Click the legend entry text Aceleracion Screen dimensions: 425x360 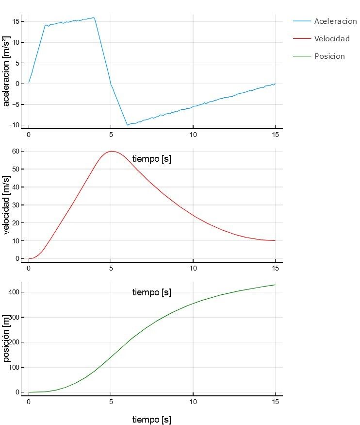[335, 21]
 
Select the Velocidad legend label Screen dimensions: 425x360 [332, 39]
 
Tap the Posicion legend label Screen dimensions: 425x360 [329, 56]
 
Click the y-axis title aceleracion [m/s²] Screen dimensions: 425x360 [6, 71]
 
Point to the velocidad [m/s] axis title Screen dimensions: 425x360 [6, 205]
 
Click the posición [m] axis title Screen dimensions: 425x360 [6, 338]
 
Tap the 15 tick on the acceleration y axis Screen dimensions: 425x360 [16, 21]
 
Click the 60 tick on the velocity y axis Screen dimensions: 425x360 [16, 151]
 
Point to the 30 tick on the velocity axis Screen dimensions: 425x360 [16, 205]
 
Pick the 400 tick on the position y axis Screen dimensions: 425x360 [14, 292]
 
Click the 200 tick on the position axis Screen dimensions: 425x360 [14, 342]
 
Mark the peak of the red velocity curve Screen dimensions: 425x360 [112, 151]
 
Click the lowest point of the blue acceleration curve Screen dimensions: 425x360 [127, 125]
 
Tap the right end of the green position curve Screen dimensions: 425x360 [275, 285]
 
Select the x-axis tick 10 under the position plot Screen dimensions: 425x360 [193, 402]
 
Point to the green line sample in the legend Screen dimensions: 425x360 [302, 56]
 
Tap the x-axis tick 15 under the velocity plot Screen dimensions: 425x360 [275, 268]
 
